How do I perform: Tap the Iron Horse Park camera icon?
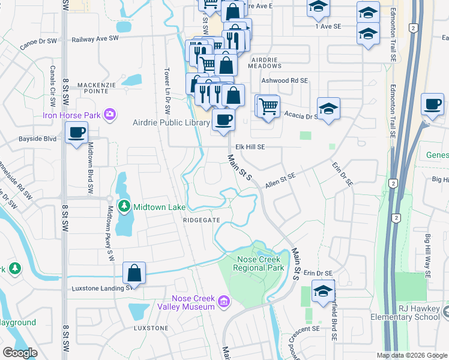[109, 114]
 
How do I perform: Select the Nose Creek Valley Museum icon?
[223, 301]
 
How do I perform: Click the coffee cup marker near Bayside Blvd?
[76, 133]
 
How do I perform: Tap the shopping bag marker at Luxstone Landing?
[134, 273]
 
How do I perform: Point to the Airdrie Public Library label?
[171, 122]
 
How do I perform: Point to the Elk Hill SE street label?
[250, 146]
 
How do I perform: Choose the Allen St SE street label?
[282, 179]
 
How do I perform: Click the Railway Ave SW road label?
[95, 39]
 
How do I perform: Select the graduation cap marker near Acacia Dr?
[328, 109]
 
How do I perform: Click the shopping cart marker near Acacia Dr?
[268, 106]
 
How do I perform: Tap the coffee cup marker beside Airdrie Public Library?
[223, 120]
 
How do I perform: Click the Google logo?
[21, 353]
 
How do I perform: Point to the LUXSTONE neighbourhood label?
[151, 328]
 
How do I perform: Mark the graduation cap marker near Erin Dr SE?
[323, 291]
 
